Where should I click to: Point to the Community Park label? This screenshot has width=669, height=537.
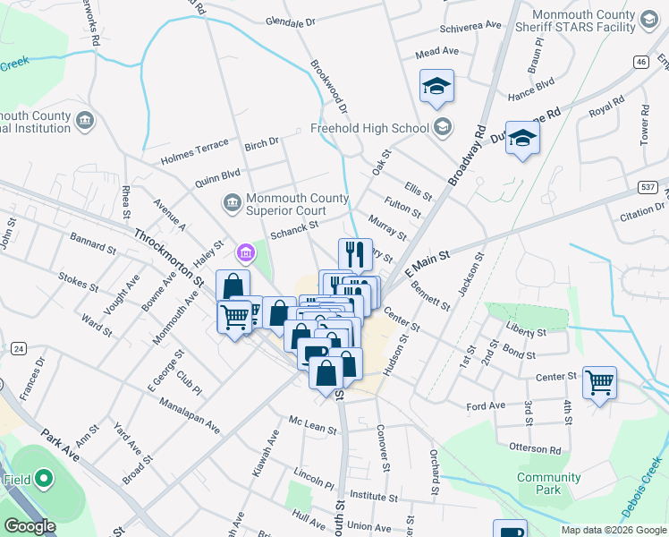click(x=548, y=484)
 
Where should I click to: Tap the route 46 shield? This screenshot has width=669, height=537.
click(x=641, y=61)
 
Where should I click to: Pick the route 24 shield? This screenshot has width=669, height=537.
click(x=17, y=347)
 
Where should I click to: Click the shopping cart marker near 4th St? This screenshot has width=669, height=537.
click(x=598, y=382)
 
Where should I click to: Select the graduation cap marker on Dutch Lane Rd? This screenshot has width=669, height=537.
click(x=522, y=138)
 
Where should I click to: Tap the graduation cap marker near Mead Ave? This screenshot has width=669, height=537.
click(x=436, y=86)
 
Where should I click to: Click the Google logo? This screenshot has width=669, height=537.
click(x=30, y=525)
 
